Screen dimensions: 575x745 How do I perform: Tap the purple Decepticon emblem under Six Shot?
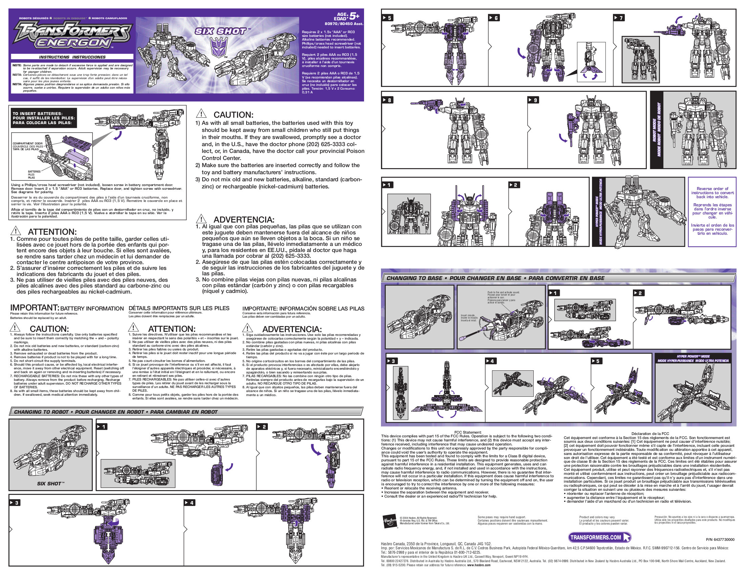tap(218, 47)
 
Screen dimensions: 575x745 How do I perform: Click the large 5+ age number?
tap(355, 16)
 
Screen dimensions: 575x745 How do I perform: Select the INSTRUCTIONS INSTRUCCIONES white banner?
tap(72, 57)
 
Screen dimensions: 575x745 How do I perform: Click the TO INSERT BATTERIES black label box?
tap(43, 118)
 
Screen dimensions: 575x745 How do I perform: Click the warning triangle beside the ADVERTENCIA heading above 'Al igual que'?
tap(201, 219)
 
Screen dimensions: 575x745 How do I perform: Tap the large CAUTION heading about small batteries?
tap(233, 115)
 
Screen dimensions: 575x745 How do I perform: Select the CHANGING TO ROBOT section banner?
tap(116, 412)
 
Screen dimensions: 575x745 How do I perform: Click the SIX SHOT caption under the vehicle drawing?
tap(50, 483)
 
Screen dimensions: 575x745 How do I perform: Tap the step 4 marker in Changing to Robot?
tap(189, 503)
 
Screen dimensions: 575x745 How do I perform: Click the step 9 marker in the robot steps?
tap(534, 100)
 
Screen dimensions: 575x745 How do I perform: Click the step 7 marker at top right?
tap(619, 18)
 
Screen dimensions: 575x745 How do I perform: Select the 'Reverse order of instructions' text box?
tap(712, 211)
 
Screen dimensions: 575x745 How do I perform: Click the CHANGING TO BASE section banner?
tap(495, 278)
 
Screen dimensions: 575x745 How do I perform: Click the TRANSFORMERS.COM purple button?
tap(599, 537)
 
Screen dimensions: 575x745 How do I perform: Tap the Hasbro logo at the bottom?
tap(389, 521)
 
